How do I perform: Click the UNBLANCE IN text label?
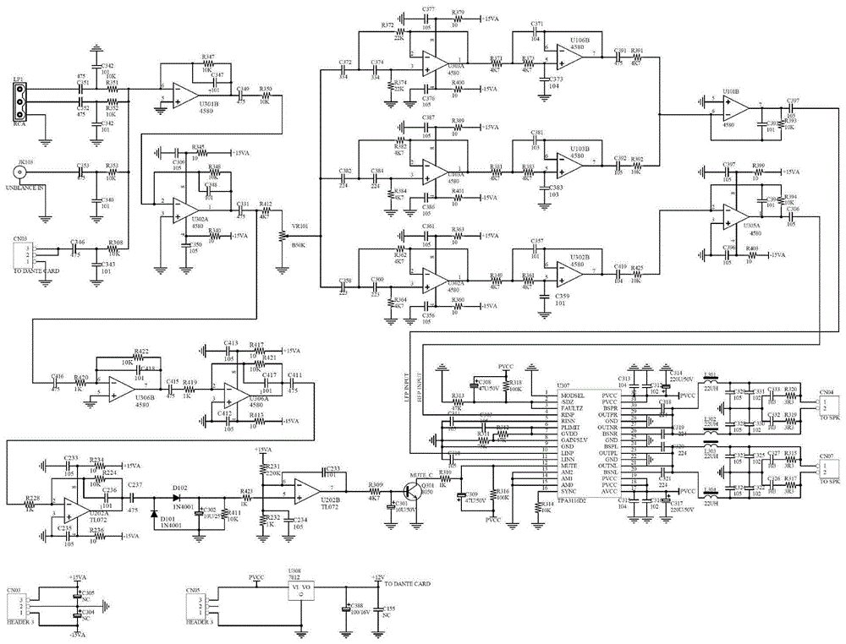point(30,193)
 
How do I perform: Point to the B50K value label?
point(298,244)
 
